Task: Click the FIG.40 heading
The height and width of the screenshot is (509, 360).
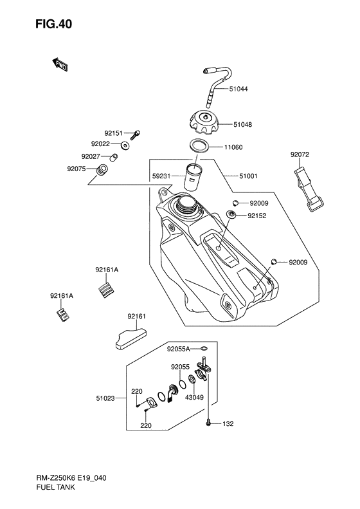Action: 54,24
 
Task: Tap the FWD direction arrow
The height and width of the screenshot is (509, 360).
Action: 60,64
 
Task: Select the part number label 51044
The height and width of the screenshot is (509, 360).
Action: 239,89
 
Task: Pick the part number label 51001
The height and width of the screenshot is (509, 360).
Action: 248,176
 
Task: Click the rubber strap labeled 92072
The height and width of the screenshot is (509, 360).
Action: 309,189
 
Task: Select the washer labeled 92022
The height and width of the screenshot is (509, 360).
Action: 125,146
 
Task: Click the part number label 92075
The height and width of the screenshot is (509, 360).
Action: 76,169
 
